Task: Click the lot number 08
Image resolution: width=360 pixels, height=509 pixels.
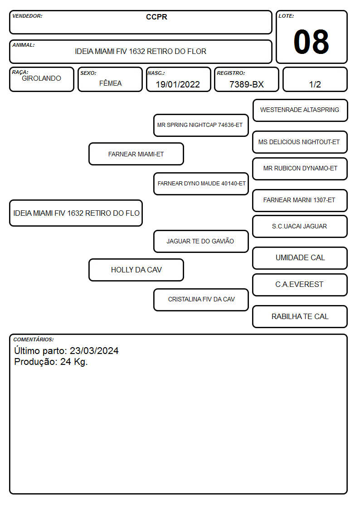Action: tap(311, 42)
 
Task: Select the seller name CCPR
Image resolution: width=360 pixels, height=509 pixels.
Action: tap(156, 17)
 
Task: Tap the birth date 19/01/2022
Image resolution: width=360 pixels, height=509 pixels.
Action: tap(178, 84)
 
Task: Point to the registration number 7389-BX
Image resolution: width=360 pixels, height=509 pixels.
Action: tap(246, 84)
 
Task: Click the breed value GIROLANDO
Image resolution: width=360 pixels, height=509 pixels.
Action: tap(41, 78)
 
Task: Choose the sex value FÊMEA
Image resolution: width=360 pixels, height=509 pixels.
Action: tap(110, 83)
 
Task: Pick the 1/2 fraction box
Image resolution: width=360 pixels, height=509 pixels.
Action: tap(315, 79)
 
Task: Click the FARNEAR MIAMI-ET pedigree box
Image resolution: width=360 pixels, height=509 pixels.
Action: tap(136, 154)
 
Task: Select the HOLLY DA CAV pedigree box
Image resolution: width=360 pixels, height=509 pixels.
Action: tap(136, 270)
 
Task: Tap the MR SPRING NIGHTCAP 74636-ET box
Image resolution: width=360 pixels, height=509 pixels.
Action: tap(201, 125)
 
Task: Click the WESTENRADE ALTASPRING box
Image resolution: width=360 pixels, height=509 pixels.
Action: tap(300, 111)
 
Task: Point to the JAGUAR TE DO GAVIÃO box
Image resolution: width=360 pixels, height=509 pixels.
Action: tap(201, 242)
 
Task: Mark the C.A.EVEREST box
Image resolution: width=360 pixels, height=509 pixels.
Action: tap(300, 285)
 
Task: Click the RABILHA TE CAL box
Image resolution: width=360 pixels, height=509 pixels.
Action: tap(300, 316)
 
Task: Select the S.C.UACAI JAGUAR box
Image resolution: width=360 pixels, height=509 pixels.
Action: tap(300, 227)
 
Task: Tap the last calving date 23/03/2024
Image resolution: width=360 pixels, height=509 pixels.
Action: tap(94, 351)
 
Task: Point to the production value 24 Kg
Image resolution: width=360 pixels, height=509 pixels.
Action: tap(74, 362)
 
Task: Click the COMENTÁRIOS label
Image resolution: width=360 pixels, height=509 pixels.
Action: tap(34, 339)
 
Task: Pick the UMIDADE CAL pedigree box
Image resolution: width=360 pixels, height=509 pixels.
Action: tap(300, 258)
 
